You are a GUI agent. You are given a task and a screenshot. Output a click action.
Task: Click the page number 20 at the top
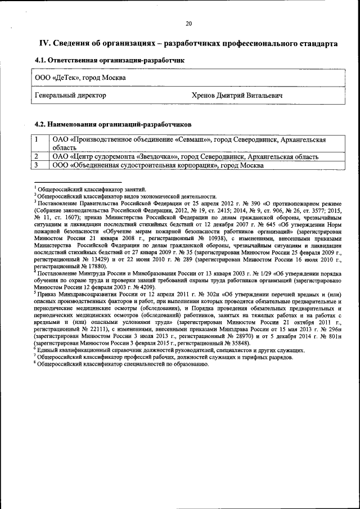point(188,23)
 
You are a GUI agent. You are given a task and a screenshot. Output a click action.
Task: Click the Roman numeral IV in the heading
point(44,43)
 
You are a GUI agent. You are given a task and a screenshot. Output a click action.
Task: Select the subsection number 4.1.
point(41,60)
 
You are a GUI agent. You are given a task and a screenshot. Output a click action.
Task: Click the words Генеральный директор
point(70,96)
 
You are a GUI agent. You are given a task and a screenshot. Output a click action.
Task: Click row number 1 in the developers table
point(37,139)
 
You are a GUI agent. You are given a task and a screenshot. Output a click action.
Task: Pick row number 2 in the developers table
point(37,156)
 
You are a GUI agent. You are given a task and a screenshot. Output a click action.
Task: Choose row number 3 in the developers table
point(37,165)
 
